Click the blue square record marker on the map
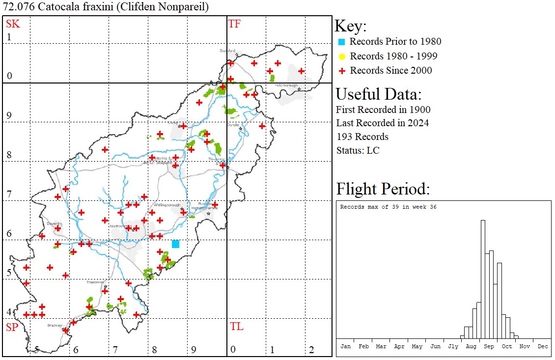pos(175,244)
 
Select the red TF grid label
pos(234,24)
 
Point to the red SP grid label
pos(12,327)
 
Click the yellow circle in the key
pos(342,56)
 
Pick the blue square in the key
pos(342,42)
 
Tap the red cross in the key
pos(342,71)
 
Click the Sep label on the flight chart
pos(489,346)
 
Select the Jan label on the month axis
pos(346,346)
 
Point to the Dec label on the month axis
pos(542,346)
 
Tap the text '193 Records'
pos(362,137)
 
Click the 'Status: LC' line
pos(358,150)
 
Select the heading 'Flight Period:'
pos(383,189)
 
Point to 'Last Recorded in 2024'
pos(382,123)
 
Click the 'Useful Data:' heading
pos(378,94)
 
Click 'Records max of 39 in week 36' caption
pos(388,207)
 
